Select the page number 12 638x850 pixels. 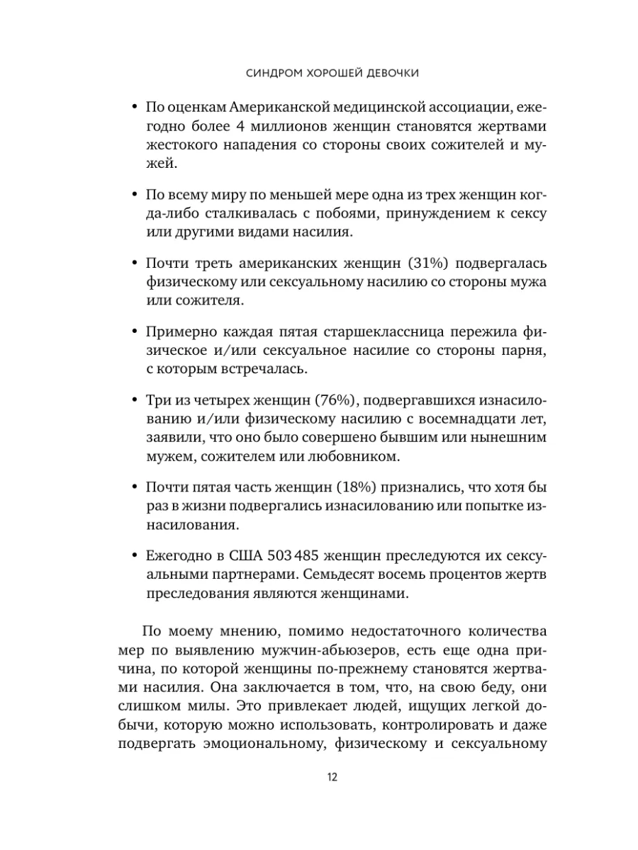point(332,776)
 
